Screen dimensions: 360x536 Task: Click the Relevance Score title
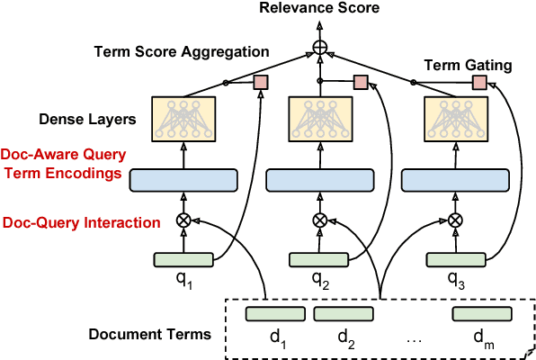[319, 9]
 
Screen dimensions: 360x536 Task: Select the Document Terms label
[149, 334]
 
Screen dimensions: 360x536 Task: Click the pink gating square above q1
[261, 83]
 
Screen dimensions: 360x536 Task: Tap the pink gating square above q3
[479, 83]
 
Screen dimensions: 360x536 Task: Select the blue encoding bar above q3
[454, 180]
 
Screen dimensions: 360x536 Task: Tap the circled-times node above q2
[319, 220]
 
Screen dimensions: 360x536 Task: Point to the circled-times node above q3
[455, 220]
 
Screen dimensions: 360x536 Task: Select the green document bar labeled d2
[344, 314]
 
